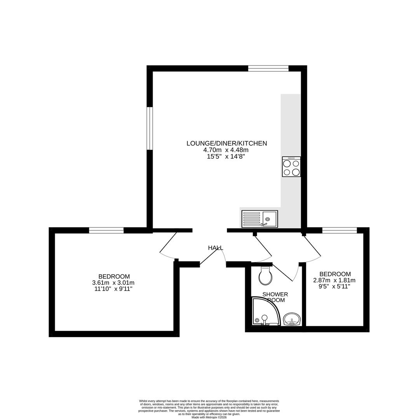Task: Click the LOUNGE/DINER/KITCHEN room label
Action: (x=226, y=143)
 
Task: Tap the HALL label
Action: (x=216, y=248)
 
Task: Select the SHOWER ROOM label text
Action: (x=275, y=297)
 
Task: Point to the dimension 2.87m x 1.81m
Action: (x=334, y=280)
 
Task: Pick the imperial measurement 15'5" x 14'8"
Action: (x=226, y=157)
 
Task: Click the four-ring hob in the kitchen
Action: (x=291, y=167)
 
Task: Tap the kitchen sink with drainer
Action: (x=260, y=219)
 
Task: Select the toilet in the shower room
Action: (x=266, y=276)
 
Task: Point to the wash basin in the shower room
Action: (x=292, y=320)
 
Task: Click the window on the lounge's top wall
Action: (x=268, y=69)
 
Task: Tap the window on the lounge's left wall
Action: (x=150, y=128)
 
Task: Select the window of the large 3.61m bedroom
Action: (x=106, y=230)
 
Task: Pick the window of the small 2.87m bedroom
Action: (x=340, y=230)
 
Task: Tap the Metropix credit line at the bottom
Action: (x=209, y=417)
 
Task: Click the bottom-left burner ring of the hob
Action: (x=287, y=172)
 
